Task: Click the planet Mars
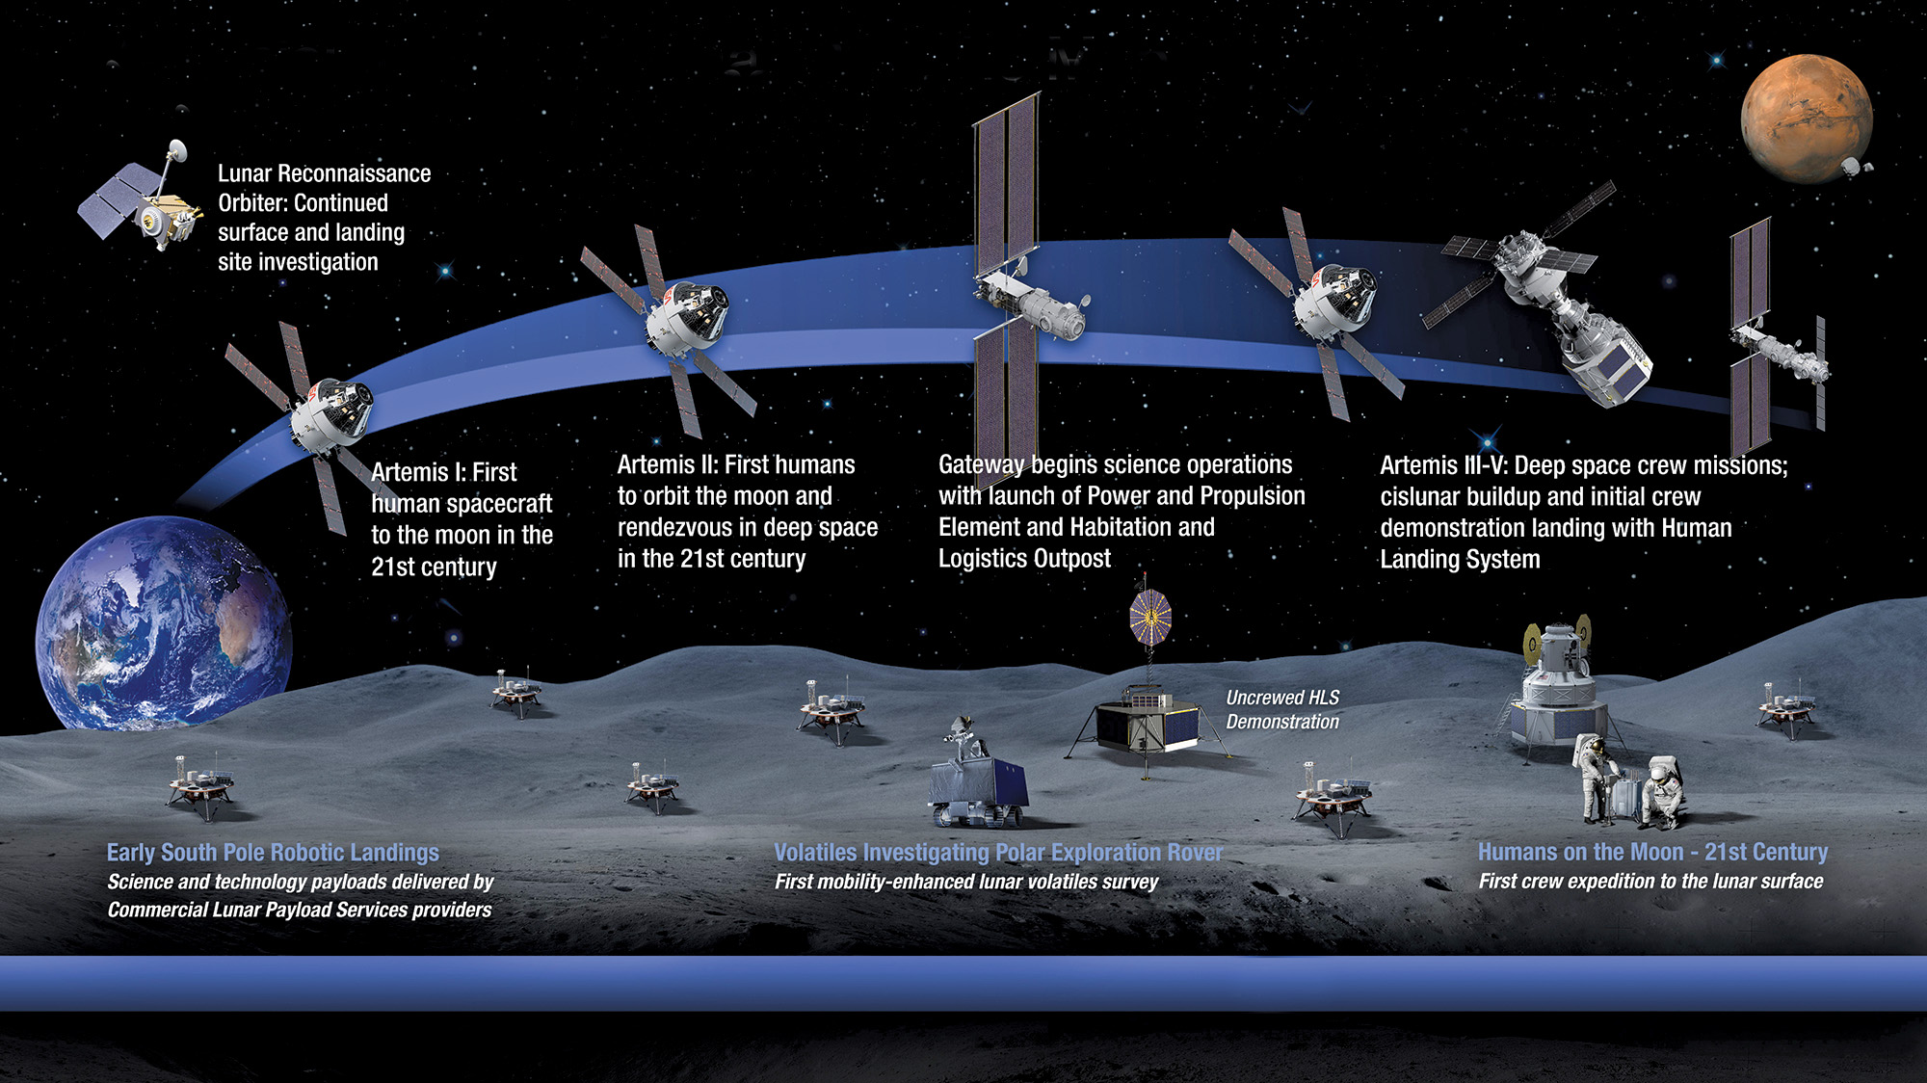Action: tap(1807, 119)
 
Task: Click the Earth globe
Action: tap(164, 622)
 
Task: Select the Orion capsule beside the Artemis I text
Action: tap(332, 414)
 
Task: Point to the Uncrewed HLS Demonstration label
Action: tap(1282, 709)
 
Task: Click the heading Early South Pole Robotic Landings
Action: tap(273, 853)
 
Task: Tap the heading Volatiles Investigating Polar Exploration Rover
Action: tap(998, 853)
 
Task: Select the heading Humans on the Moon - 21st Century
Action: tap(1652, 852)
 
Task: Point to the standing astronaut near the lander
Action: tap(1595, 779)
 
